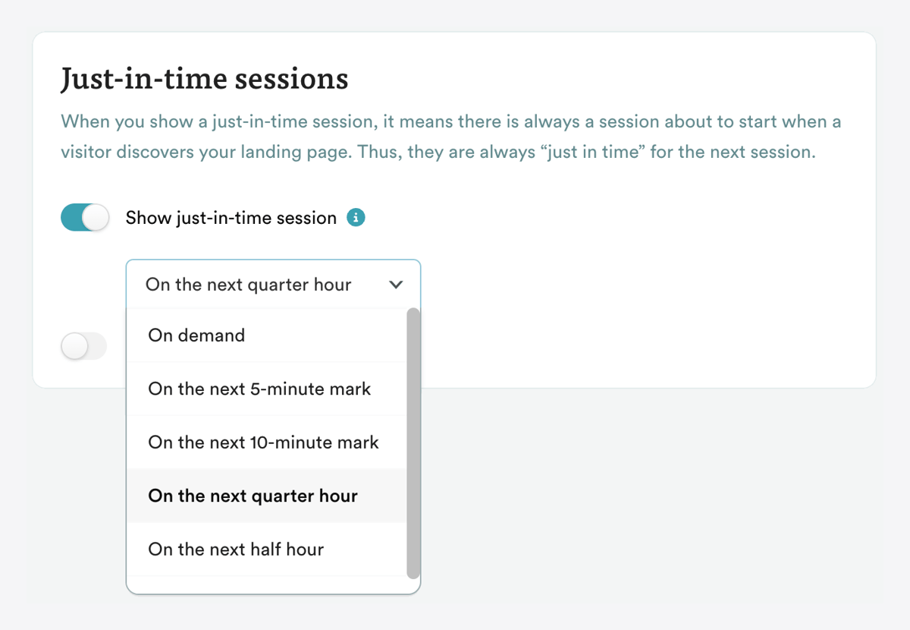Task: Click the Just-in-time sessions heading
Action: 204,79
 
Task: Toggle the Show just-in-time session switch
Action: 85,218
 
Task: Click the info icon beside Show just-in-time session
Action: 356,218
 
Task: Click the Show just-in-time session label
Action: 231,218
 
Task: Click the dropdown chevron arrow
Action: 395,285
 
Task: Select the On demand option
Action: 196,335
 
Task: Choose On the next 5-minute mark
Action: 259,389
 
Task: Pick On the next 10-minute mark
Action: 263,443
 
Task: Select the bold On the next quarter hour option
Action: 253,496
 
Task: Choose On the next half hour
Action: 236,550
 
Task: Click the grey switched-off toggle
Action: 84,347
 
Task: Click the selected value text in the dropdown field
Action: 248,285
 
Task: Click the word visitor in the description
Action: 86,152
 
